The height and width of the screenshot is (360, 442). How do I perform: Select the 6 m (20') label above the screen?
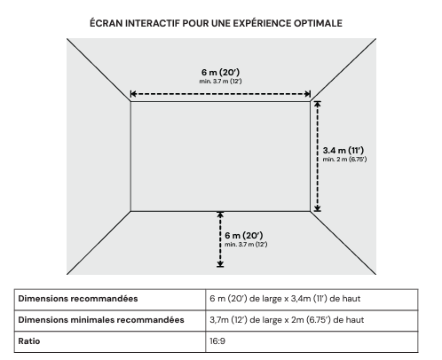[221, 72]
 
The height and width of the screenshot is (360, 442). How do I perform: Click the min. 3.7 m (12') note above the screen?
[221, 82]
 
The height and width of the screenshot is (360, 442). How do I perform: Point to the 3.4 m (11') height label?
[343, 150]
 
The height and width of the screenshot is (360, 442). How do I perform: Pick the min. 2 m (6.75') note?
[344, 160]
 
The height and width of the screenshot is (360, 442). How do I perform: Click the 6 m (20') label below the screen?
[244, 235]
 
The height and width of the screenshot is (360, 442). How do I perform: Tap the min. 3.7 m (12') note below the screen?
[246, 245]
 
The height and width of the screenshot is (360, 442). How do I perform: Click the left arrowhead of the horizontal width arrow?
[133, 94]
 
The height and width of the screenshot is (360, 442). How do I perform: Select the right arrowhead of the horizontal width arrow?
[308, 94]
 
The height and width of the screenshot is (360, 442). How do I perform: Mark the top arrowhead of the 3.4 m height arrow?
[318, 104]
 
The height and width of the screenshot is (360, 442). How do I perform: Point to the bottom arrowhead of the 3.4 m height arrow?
[318, 208]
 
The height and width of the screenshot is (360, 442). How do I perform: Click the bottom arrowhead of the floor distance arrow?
[220, 264]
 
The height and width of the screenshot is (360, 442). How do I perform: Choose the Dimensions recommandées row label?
[78, 299]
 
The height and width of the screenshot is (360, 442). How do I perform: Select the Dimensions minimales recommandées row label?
[101, 320]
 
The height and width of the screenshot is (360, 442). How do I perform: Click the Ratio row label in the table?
[29, 341]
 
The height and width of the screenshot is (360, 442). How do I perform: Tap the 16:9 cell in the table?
[217, 341]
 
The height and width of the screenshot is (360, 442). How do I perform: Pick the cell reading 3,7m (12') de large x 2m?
[287, 320]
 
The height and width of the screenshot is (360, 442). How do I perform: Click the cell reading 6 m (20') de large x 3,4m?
[285, 299]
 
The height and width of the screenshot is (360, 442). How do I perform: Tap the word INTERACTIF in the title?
[153, 23]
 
